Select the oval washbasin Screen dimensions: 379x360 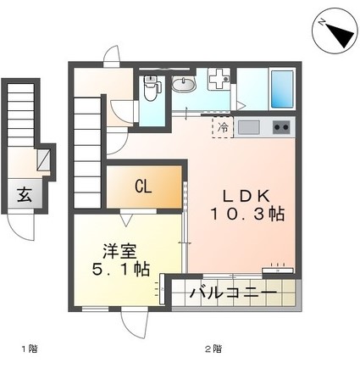[183, 83]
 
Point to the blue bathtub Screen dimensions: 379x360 [282, 88]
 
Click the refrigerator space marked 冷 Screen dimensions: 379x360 [223, 128]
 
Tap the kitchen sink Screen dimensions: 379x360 [249, 128]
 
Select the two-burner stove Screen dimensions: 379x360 [280, 128]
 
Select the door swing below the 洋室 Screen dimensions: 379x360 [132, 322]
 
